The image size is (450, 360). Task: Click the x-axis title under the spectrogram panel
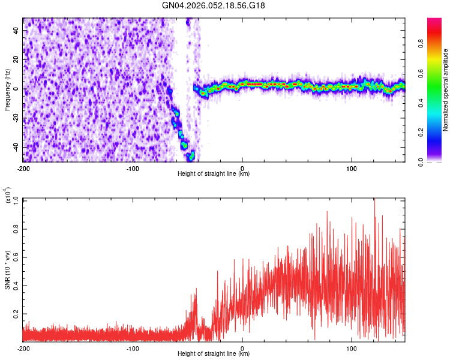(x=214, y=174)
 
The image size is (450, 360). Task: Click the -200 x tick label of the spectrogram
(x=24, y=168)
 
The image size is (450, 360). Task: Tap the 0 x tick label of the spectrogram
(x=242, y=168)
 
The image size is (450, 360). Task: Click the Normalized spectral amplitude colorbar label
(x=446, y=90)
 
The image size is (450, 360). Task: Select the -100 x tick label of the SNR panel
(x=133, y=348)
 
